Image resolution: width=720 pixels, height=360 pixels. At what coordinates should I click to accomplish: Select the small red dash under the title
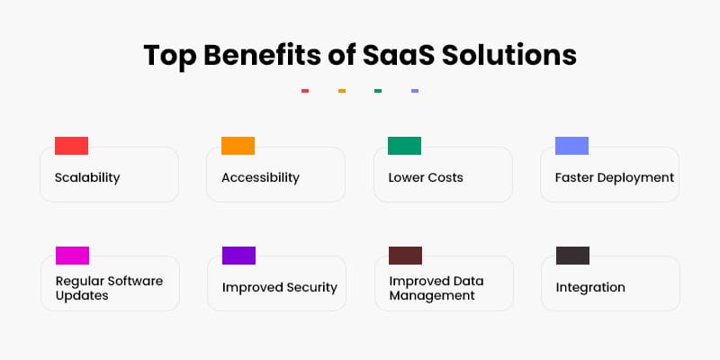pos(305,91)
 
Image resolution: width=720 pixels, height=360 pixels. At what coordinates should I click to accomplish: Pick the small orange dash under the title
pos(342,91)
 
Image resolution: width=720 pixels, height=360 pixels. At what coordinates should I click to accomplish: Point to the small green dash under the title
pos(378,91)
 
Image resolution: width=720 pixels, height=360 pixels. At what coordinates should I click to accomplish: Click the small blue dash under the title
pos(414,91)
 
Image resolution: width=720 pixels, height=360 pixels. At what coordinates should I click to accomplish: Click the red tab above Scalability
pos(71,146)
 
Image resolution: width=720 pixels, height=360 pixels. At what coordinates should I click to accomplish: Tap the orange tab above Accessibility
pos(238,146)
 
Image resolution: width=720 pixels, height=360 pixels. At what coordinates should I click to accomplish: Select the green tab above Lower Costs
pos(404,146)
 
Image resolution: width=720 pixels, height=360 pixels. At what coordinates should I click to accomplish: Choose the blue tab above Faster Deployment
pos(571,146)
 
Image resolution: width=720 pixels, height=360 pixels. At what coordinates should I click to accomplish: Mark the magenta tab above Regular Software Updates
pos(72,256)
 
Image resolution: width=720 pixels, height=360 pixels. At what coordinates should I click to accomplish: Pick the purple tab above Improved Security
pos(238,256)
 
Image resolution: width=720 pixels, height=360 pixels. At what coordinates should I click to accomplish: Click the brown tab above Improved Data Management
pos(405,256)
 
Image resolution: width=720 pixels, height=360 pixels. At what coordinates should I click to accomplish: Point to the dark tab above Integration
pos(572,256)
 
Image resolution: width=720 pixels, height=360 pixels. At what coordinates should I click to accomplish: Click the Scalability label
pos(87,177)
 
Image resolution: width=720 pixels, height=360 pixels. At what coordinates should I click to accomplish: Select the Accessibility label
pos(260,177)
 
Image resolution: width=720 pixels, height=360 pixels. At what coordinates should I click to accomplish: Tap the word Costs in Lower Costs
pos(445,177)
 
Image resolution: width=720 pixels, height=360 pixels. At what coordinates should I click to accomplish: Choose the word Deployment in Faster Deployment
pos(636,177)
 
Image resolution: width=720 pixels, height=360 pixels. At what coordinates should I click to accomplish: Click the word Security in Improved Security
pos(307,288)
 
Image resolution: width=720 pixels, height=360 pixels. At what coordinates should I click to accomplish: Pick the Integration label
pos(590,288)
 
